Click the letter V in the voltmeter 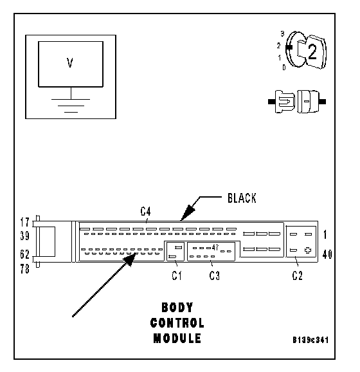click(69, 63)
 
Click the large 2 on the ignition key click(312, 52)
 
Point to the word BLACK click(242, 198)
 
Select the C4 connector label click(145, 211)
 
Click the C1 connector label click(177, 275)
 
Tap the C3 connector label click(215, 275)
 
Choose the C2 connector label click(297, 275)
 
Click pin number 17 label click(24, 223)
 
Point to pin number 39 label click(24, 236)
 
